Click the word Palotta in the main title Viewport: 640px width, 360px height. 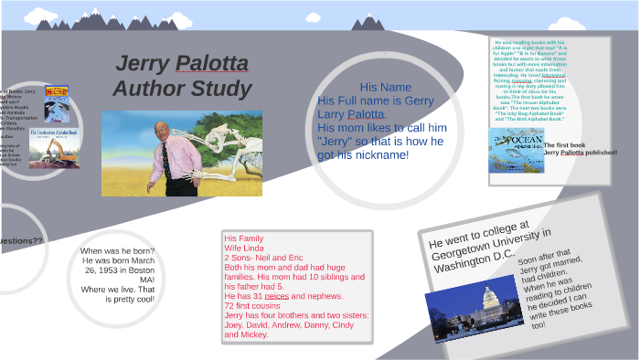(211, 64)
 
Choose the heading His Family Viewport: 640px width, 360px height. (243, 238)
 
